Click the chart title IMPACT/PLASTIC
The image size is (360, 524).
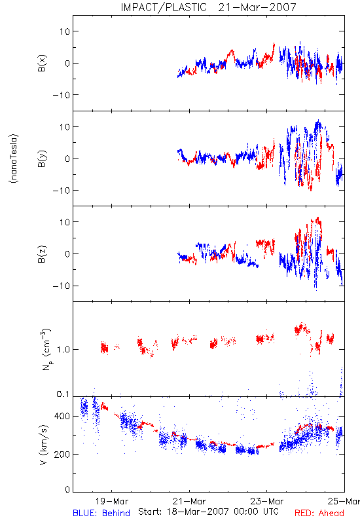164,7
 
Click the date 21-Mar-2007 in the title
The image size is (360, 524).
257,7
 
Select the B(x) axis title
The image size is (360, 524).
42,63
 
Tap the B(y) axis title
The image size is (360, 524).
42,159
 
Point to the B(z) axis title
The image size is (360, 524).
42,254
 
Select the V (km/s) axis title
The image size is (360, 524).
44,445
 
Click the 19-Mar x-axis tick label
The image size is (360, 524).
112,501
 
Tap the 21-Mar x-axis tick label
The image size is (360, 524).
189,501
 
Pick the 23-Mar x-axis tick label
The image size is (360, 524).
267,501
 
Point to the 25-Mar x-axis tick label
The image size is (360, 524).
344,501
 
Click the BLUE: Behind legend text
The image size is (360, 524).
101,513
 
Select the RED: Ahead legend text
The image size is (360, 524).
319,513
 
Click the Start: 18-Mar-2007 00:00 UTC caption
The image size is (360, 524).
208,512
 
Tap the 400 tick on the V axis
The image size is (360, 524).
62,416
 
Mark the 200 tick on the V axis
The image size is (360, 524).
62,454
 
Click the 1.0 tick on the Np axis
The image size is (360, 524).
63,350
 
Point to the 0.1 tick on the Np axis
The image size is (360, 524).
63,394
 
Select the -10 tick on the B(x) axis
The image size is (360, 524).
62,95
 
